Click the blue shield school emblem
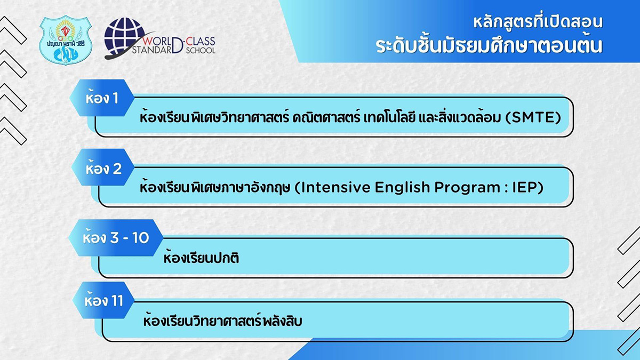pyautogui.click(x=66, y=40)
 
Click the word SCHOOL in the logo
pyautogui.click(x=201, y=51)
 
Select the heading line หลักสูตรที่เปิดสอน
pyautogui.click(x=538, y=22)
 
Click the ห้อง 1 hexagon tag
pyautogui.click(x=102, y=98)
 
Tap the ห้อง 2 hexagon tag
pyautogui.click(x=103, y=167)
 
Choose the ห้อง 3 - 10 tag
pyautogui.click(x=116, y=238)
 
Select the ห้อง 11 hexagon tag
pyautogui.click(x=103, y=300)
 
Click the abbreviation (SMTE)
pyautogui.click(x=533, y=117)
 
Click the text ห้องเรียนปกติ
pyautogui.click(x=201, y=258)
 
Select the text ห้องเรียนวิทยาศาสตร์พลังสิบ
pyautogui.click(x=222, y=321)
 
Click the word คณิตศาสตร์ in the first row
pyautogui.click(x=326, y=117)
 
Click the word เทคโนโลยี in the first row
pyautogui.click(x=389, y=117)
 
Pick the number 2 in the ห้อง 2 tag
pyautogui.click(x=117, y=169)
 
